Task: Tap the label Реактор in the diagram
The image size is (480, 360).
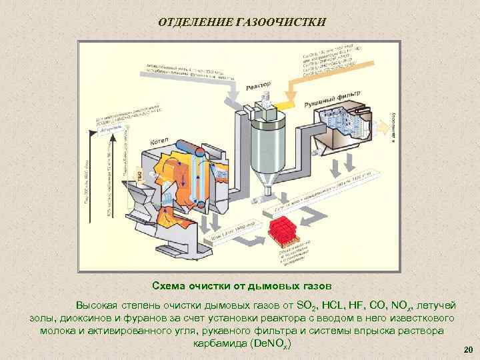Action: pos(259,86)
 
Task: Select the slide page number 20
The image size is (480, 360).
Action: pos(467,349)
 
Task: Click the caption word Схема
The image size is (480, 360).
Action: pos(169,285)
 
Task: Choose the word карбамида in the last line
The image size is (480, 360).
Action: pos(221,343)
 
